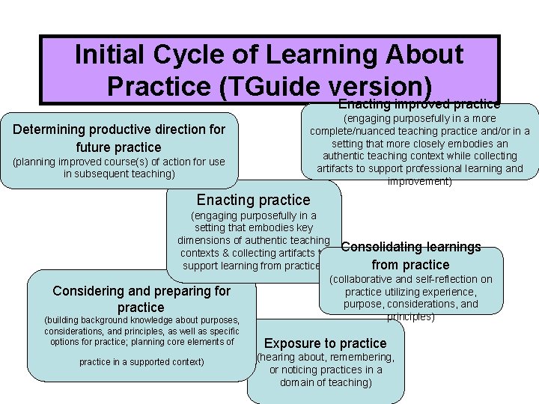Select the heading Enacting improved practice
point(418,104)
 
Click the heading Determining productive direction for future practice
point(119,138)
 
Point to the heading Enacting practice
point(253,200)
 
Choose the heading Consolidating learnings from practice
point(410,255)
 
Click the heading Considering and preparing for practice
point(141,299)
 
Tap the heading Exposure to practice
point(325,343)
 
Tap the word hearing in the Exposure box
point(278,357)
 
